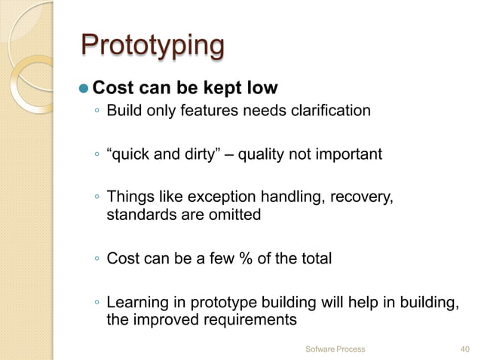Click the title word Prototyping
(152, 46)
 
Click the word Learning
(135, 303)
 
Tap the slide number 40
(464, 349)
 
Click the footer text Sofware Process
(335, 349)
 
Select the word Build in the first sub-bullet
(123, 111)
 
